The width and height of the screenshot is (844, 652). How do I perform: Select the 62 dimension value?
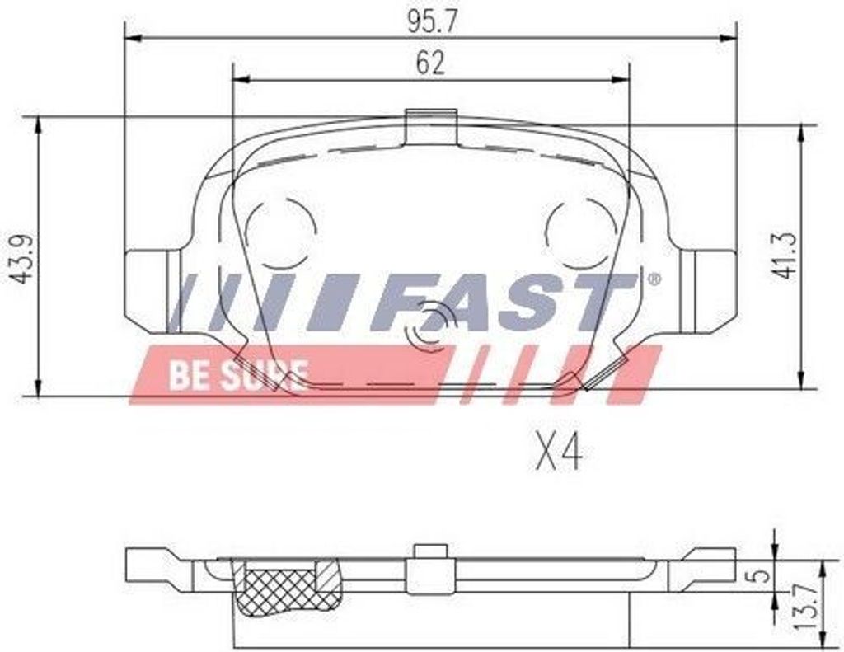(x=430, y=63)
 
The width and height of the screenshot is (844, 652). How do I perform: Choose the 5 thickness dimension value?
(x=760, y=576)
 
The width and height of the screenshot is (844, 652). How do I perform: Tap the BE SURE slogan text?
(x=239, y=375)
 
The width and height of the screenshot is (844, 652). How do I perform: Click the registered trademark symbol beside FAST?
(x=654, y=279)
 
